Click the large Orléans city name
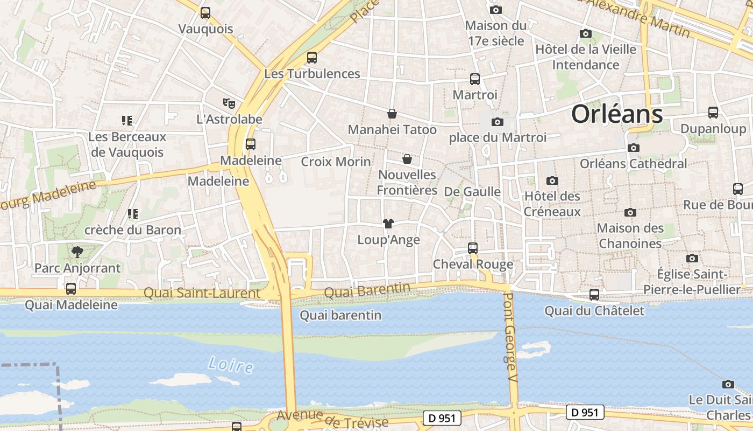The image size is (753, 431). tap(617, 114)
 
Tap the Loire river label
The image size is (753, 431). tap(231, 365)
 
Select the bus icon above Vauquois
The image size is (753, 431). tap(205, 13)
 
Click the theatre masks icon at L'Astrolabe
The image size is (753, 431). tap(229, 102)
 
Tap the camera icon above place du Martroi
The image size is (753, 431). tap(498, 122)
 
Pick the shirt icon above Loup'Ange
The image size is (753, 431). tap(388, 224)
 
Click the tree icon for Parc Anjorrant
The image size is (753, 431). tap(77, 252)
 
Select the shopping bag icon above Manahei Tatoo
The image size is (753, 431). tap(392, 114)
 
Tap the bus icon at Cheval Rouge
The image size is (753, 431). tap(473, 248)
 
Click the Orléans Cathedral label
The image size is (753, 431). tap(633, 163)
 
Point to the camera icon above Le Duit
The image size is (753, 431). tap(728, 384)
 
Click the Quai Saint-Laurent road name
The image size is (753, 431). tap(202, 293)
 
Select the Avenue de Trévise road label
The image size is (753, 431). tap(332, 419)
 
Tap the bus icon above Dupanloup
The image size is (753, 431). tap(713, 113)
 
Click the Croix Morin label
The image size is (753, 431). tap(336, 161)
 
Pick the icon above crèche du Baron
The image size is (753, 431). tap(133, 214)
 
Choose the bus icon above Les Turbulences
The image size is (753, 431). tap(312, 58)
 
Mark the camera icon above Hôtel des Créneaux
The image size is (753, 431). tap(552, 180)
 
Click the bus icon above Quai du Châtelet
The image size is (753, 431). tap(594, 295)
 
